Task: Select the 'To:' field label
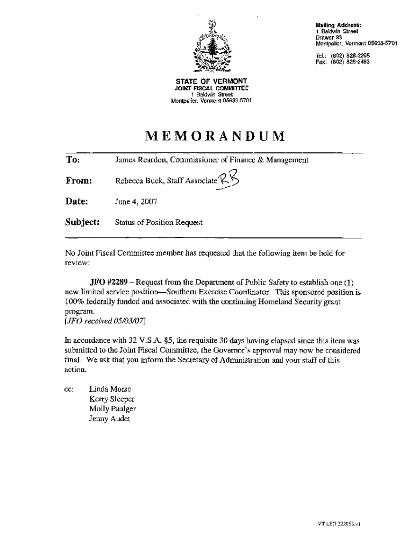pos(73,160)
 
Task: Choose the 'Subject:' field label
pos(83,222)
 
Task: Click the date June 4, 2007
pos(136,202)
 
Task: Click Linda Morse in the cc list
pos(110,389)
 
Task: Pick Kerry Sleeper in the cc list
pos(112,399)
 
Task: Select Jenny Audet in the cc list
pos(110,419)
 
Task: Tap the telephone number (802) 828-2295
pos(350,55)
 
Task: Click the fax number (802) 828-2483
pos(350,61)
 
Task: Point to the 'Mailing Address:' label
pos(338,25)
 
